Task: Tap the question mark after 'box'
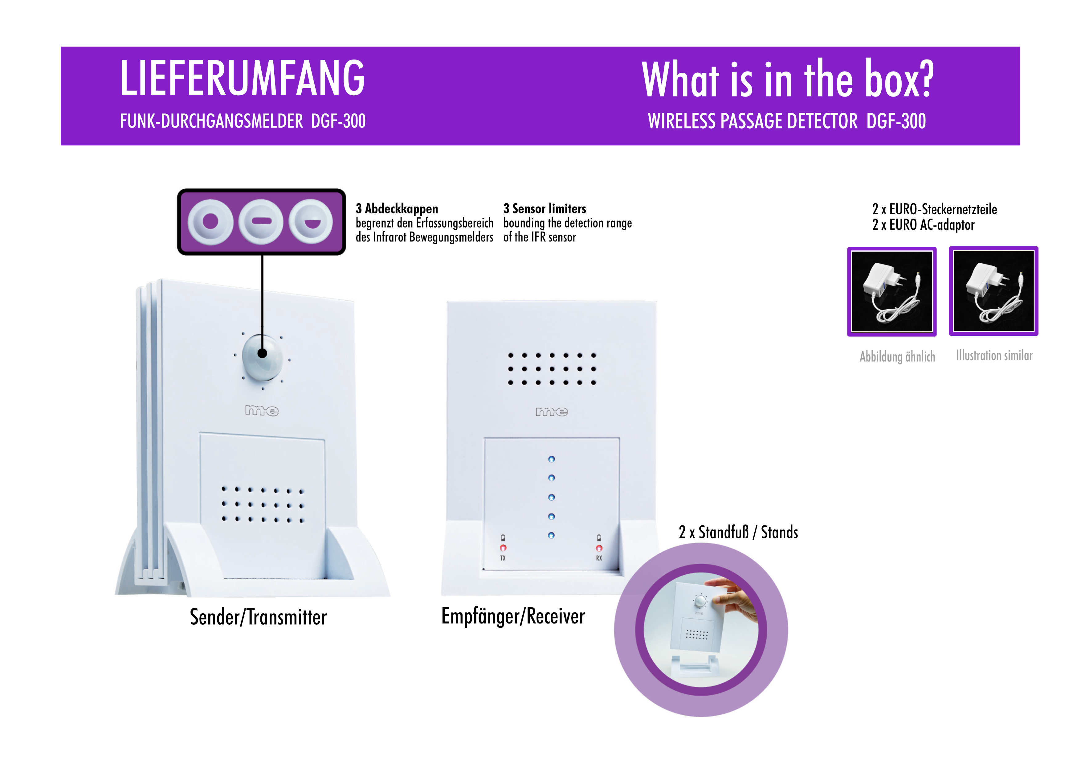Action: [x=925, y=79]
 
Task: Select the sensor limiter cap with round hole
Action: [x=210, y=221]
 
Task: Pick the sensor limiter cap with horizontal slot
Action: [x=261, y=221]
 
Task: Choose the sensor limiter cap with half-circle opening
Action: [x=311, y=221]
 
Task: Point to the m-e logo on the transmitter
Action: [x=262, y=411]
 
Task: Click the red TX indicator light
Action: [x=503, y=548]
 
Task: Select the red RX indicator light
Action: [x=599, y=548]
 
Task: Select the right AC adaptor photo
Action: [x=993, y=291]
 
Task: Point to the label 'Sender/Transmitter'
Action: [x=258, y=617]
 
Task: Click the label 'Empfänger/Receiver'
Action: [x=513, y=616]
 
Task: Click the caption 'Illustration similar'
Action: [x=994, y=355]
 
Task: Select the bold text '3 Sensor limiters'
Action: [x=545, y=209]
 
